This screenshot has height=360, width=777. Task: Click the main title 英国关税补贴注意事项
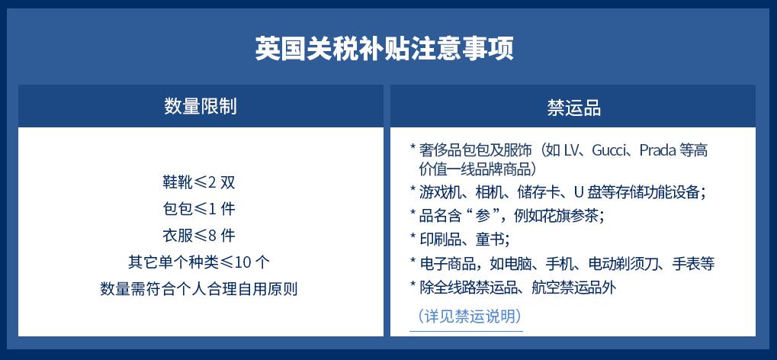tap(384, 48)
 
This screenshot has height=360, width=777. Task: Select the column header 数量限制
tap(201, 107)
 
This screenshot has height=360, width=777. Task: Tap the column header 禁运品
tap(574, 108)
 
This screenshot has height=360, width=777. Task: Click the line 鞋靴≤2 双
tap(199, 182)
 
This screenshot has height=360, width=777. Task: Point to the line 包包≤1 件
tap(199, 209)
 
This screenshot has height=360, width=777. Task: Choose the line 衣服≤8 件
tap(199, 235)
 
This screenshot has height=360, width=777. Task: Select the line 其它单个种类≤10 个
tap(199, 262)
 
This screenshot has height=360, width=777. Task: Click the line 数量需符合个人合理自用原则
tap(199, 288)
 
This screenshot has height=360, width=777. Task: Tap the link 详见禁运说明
tap(469, 316)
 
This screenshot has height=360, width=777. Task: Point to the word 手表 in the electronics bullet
tap(686, 263)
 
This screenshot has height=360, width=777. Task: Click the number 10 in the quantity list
tap(244, 262)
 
